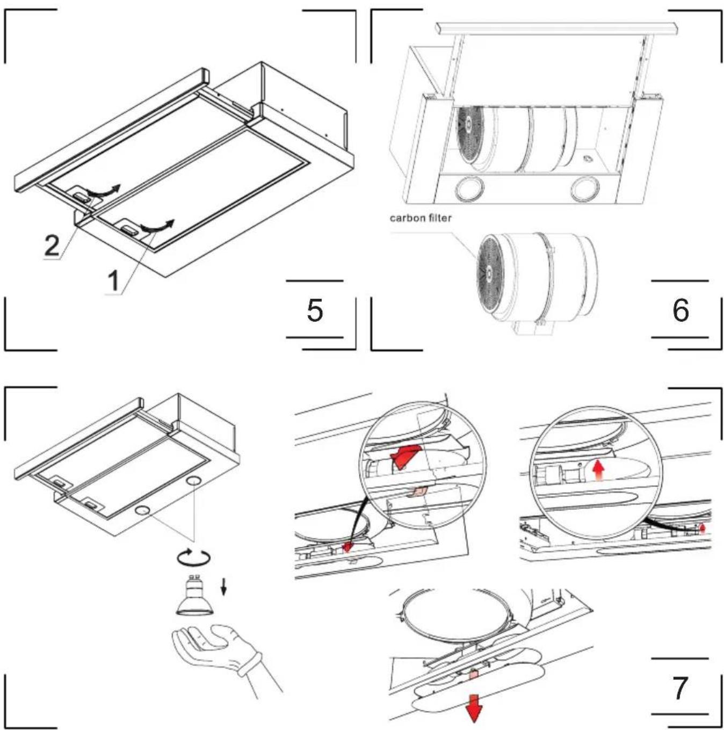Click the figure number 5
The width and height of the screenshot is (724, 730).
click(314, 310)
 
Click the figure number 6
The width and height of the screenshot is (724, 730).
click(680, 310)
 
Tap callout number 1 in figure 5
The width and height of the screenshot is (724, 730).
click(114, 280)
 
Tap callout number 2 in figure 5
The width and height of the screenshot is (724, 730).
click(52, 245)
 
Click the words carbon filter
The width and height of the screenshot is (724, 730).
click(421, 218)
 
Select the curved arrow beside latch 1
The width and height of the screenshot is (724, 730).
click(157, 226)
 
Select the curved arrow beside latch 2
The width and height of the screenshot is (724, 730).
click(104, 191)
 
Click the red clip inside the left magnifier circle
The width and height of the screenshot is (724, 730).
click(407, 457)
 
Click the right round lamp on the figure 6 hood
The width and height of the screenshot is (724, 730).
click(585, 189)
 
